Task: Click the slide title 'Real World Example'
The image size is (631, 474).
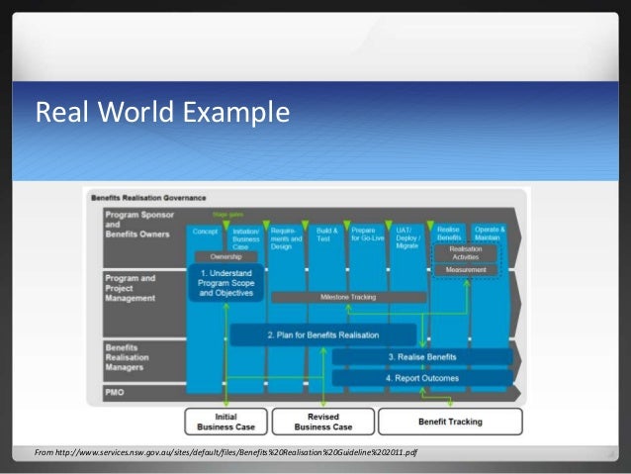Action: tap(162, 114)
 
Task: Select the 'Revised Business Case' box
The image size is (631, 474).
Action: tap(322, 422)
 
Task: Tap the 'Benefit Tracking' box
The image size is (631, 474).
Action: tap(450, 422)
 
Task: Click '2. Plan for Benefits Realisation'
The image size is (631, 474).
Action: tap(323, 335)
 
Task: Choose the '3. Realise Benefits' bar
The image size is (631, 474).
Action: tap(421, 356)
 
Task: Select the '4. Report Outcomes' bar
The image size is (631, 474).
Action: tap(421, 377)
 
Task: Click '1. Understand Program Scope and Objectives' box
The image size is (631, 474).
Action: tap(225, 283)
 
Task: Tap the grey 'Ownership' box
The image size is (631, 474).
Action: tap(225, 255)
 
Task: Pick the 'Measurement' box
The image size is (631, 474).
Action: tap(466, 269)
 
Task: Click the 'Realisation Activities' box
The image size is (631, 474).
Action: tap(466, 252)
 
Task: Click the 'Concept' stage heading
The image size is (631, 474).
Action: tap(206, 231)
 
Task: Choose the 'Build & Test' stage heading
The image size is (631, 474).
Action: tap(327, 235)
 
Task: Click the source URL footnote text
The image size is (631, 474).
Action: tap(225, 452)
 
